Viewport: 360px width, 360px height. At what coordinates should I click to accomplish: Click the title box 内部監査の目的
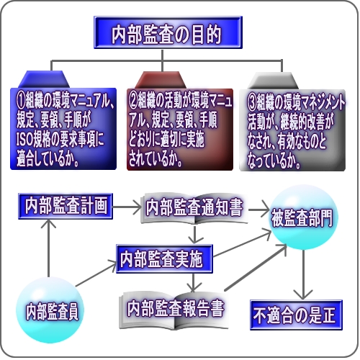(x=168, y=32)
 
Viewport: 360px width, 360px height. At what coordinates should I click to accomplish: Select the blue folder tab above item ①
(x=44, y=79)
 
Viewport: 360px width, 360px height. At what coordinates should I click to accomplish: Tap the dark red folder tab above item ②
(x=161, y=80)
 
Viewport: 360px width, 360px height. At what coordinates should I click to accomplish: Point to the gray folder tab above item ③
(x=273, y=81)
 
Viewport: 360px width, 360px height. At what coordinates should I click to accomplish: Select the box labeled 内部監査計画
(x=66, y=206)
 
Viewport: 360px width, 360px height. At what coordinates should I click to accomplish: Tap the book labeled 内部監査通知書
(x=194, y=208)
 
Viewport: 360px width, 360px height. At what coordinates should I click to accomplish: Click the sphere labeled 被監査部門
(x=304, y=217)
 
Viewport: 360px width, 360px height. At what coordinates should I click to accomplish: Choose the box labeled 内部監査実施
(x=164, y=259)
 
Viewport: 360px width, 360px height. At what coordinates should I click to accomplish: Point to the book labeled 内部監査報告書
(x=174, y=310)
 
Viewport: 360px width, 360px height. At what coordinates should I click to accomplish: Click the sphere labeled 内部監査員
(x=50, y=310)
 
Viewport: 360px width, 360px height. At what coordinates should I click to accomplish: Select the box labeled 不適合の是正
(x=296, y=315)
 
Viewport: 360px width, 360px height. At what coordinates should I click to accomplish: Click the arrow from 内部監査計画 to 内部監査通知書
(x=127, y=207)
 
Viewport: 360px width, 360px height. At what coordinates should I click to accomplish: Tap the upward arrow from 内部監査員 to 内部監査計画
(x=48, y=248)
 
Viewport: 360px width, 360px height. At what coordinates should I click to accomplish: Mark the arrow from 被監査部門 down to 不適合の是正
(x=303, y=274)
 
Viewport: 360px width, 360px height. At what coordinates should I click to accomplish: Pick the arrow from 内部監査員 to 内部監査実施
(x=96, y=273)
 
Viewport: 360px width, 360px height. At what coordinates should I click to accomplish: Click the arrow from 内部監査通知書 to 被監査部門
(x=258, y=210)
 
